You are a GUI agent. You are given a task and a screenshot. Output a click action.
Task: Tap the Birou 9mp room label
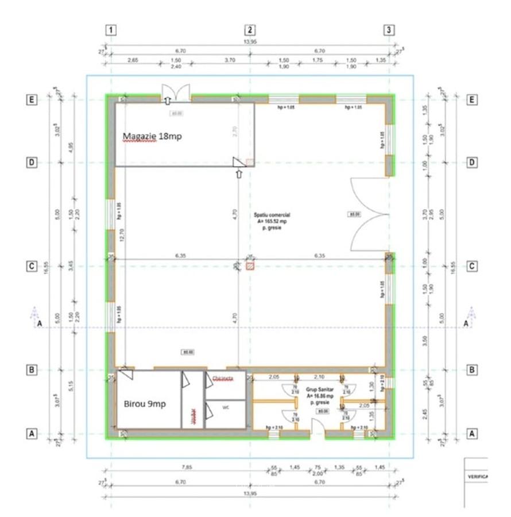(145, 404)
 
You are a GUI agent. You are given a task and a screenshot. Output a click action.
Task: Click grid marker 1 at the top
(111, 30)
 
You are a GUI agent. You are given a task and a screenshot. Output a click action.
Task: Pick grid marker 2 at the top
(250, 30)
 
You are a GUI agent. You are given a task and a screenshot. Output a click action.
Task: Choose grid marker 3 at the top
(389, 30)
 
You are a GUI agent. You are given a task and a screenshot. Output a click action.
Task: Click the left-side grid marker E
(32, 100)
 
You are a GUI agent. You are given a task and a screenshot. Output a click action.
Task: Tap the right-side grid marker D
(472, 163)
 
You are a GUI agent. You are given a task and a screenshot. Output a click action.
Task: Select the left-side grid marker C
(32, 267)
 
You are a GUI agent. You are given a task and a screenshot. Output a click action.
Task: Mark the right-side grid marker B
(472, 370)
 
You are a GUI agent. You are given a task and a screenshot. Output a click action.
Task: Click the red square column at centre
(250, 266)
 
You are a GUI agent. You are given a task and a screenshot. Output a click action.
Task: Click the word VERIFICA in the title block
(478, 477)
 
